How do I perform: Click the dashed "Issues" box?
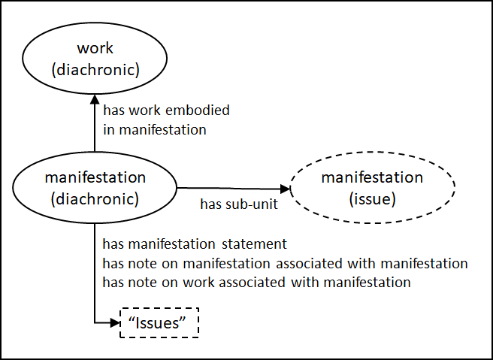tap(160, 322)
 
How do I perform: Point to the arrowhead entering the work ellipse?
tap(95, 98)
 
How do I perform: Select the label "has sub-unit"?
tap(238, 204)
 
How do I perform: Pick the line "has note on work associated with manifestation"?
tap(257, 283)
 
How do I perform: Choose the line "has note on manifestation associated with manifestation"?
tap(286, 263)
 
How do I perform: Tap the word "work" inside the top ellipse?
tap(95, 49)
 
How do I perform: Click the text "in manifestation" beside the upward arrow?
tap(154, 129)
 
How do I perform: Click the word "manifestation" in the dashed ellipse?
tap(372, 177)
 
